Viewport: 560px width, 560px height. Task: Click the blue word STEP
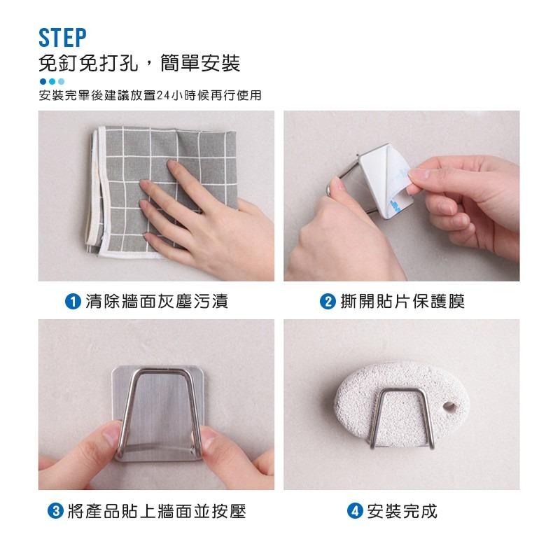tap(62, 38)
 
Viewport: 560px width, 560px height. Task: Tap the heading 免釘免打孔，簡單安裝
tap(139, 63)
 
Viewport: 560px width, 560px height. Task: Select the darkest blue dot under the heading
tap(43, 81)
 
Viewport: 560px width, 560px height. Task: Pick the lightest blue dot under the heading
tap(61, 81)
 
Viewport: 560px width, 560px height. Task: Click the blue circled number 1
tap(73, 302)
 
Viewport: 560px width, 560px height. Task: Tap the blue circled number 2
tap(328, 302)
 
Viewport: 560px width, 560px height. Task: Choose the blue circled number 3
tap(56, 511)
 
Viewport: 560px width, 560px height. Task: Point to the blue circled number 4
tap(355, 511)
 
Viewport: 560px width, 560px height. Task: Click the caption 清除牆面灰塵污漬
tap(157, 302)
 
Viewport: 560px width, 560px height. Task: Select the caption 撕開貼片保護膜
tap(403, 302)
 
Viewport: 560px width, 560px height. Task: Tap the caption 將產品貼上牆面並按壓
tap(157, 511)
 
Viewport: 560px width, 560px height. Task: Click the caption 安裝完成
tap(402, 511)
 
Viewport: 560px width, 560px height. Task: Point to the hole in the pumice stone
tap(449, 406)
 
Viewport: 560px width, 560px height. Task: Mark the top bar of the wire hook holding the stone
tap(402, 391)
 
